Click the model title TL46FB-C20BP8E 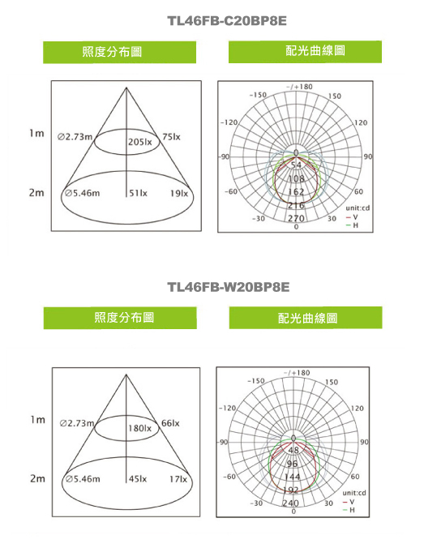pyautogui.click(x=227, y=21)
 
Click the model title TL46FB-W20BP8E pyautogui.click(x=229, y=287)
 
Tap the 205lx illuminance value pyautogui.click(x=139, y=142)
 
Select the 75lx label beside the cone pyautogui.click(x=171, y=137)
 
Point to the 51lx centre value pyautogui.click(x=138, y=193)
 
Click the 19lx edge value pyautogui.click(x=179, y=193)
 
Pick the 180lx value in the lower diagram pyautogui.click(x=139, y=428)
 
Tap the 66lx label pyautogui.click(x=170, y=423)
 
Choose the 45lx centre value pyautogui.click(x=138, y=479)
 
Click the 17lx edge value pyautogui.click(x=178, y=479)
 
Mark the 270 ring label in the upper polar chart pyautogui.click(x=296, y=218)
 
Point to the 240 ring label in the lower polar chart pyautogui.click(x=290, y=503)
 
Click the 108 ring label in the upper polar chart pyautogui.click(x=296, y=178)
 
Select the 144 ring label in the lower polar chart pyautogui.click(x=292, y=477)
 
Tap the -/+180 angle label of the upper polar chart pyautogui.click(x=299, y=87)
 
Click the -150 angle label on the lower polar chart pyautogui.click(x=256, y=380)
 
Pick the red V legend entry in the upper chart pyautogui.click(x=352, y=217)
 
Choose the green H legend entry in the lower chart pyautogui.click(x=349, y=510)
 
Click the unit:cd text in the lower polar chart pyautogui.click(x=354, y=493)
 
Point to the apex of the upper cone pyautogui.click(x=126, y=88)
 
